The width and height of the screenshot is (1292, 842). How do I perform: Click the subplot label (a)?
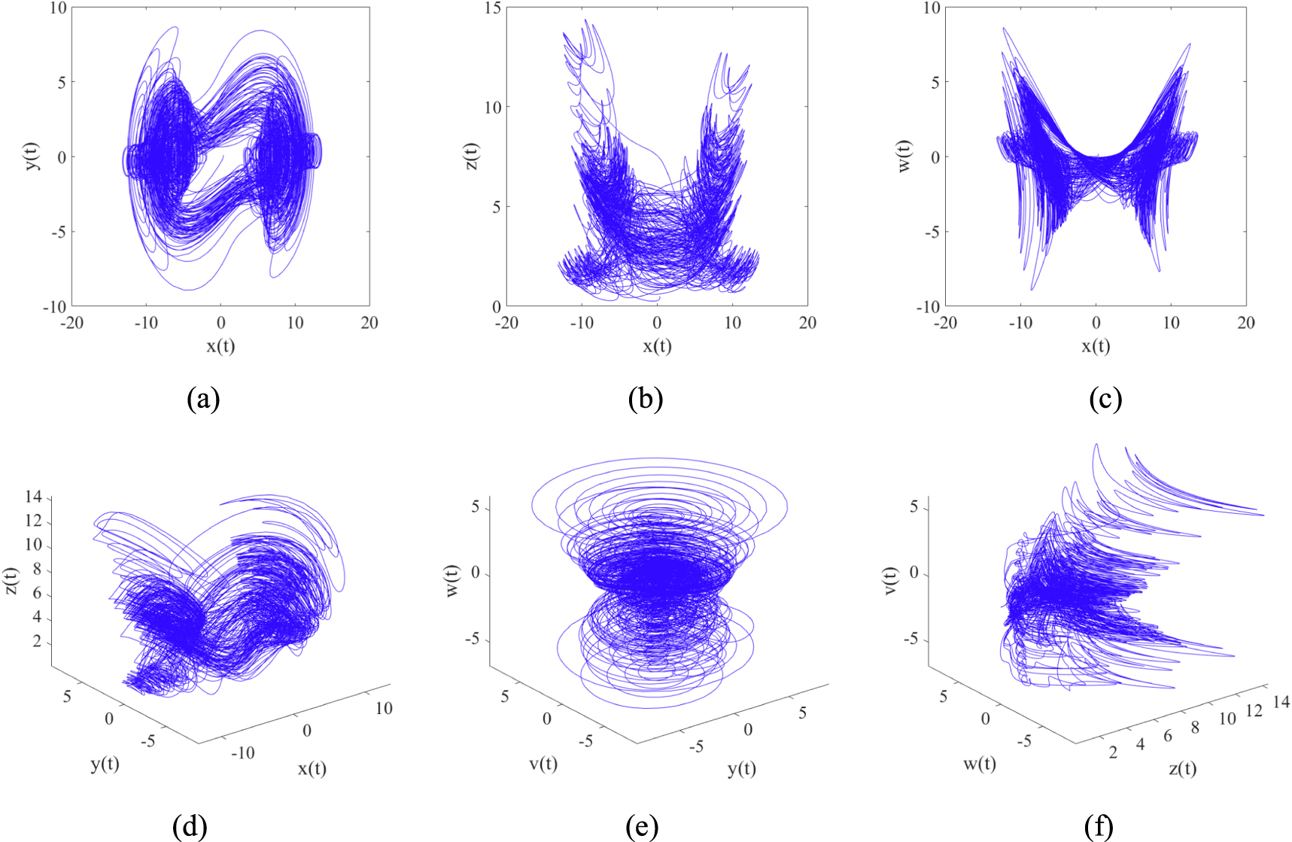[x=203, y=399]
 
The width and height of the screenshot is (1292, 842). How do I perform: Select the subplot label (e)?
[x=642, y=828]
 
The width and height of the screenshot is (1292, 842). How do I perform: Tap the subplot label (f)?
[x=1099, y=828]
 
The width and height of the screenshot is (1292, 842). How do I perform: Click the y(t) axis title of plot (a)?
[x=33, y=157]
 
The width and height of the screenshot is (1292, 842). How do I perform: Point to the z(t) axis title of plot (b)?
[x=471, y=157]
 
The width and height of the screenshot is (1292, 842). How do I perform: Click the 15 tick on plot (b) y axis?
[x=493, y=8]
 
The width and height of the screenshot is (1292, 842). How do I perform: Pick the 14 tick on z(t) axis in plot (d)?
[x=33, y=497]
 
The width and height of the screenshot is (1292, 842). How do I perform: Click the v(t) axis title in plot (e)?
[x=543, y=764]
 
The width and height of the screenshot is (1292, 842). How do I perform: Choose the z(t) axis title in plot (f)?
[x=1182, y=768]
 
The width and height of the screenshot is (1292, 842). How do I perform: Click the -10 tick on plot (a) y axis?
[x=54, y=307]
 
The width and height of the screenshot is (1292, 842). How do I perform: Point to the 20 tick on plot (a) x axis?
[x=369, y=323]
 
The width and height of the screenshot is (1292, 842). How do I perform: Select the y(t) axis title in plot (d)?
[x=105, y=764]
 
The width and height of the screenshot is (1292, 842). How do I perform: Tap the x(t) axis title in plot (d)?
[x=312, y=768]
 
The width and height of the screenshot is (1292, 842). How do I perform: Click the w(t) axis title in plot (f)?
[x=980, y=764]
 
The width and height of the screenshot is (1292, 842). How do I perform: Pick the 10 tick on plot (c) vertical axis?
[x=931, y=8]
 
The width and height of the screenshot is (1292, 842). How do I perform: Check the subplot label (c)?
[x=1105, y=399]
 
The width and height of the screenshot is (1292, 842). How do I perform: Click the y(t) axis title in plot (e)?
[x=741, y=768]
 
